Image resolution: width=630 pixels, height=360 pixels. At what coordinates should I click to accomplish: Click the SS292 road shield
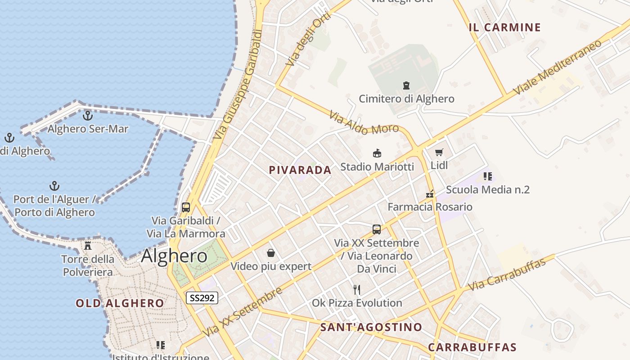[202, 297]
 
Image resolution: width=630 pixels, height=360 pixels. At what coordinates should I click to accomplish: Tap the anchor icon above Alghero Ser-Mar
[88, 116]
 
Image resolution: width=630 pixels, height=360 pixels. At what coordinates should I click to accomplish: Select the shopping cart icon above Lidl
[439, 152]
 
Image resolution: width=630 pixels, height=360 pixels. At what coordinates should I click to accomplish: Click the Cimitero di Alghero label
[406, 99]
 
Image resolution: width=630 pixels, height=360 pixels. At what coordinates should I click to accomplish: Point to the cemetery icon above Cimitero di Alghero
[406, 85]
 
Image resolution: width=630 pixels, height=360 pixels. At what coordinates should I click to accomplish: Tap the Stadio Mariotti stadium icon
[377, 153]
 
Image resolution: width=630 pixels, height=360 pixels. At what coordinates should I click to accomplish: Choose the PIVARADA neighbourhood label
[300, 170]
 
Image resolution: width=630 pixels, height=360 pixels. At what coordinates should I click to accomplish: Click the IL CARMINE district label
[504, 27]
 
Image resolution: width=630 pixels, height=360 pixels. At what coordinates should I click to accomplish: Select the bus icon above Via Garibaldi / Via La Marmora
[186, 207]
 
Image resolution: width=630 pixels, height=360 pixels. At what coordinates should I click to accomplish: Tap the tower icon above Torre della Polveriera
[88, 246]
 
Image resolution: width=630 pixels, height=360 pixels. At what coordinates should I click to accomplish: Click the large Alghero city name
[174, 256]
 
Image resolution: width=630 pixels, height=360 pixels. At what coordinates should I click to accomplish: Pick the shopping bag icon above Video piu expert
[271, 253]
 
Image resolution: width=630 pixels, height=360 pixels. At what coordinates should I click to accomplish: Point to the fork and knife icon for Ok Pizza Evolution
[357, 289]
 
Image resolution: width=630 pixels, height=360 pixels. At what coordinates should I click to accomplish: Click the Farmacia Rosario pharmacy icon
[430, 194]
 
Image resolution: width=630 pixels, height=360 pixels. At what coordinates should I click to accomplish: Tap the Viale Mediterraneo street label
[558, 67]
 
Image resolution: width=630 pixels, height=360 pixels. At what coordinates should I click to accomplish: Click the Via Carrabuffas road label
[507, 274]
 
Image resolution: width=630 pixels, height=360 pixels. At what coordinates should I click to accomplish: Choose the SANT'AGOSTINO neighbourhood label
[371, 327]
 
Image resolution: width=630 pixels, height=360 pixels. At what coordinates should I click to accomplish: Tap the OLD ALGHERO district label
[120, 303]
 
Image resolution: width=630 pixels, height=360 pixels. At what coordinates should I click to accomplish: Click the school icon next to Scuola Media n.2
[487, 176]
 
